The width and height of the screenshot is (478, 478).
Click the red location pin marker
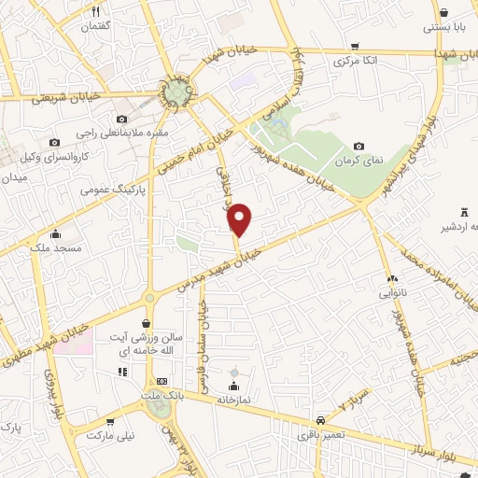[240, 220]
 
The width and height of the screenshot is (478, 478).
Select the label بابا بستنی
[443, 27]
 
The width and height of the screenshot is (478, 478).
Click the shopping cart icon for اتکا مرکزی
[354, 46]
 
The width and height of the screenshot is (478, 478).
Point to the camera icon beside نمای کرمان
[359, 147]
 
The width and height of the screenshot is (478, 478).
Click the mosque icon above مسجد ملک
[56, 234]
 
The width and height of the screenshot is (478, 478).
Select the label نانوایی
[391, 293]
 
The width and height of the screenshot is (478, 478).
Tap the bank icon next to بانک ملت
[162, 381]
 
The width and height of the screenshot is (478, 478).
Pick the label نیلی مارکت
[111, 436]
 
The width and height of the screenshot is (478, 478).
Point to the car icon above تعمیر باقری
[321, 420]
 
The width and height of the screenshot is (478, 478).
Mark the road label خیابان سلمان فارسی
[204, 346]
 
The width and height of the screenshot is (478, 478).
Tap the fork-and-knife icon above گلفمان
[95, 12]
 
